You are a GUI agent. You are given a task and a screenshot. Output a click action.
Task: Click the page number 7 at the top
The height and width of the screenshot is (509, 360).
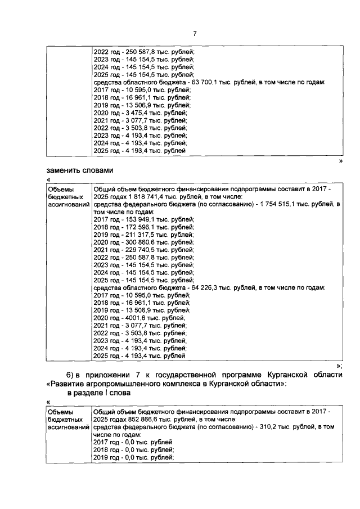(x=195, y=34)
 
